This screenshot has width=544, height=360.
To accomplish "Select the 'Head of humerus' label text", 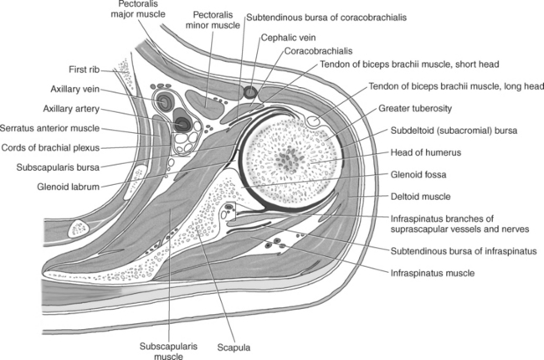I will coord(423,152).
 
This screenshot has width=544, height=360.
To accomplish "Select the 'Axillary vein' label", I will coord(77,88).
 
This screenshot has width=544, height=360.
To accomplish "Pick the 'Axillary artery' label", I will coord(74,108).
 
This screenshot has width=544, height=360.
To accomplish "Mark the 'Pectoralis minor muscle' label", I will coord(214,20).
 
